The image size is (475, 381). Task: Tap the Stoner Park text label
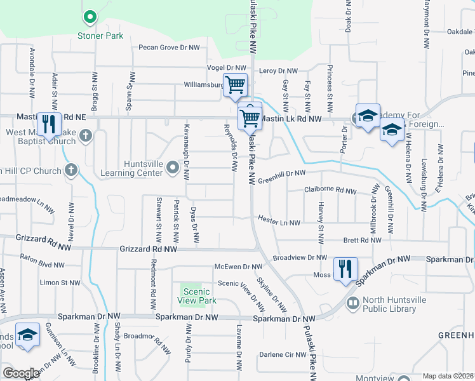100,36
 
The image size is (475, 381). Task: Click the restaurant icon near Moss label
345,267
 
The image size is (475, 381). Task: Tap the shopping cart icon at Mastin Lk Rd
250,116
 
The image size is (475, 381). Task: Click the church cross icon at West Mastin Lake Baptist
86,135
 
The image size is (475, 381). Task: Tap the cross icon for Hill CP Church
70,170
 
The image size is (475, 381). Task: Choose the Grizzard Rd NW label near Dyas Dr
149,250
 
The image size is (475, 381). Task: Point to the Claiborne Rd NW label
330,190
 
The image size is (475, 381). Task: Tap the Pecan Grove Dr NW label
169,48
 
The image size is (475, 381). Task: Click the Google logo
21,373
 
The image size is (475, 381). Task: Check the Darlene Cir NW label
283,354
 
